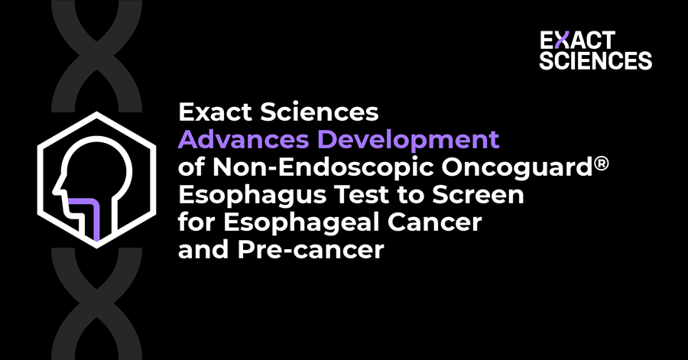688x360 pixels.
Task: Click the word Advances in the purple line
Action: (233, 141)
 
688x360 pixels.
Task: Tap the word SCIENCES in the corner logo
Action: (595, 60)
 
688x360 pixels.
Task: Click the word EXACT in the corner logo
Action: (575, 41)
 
